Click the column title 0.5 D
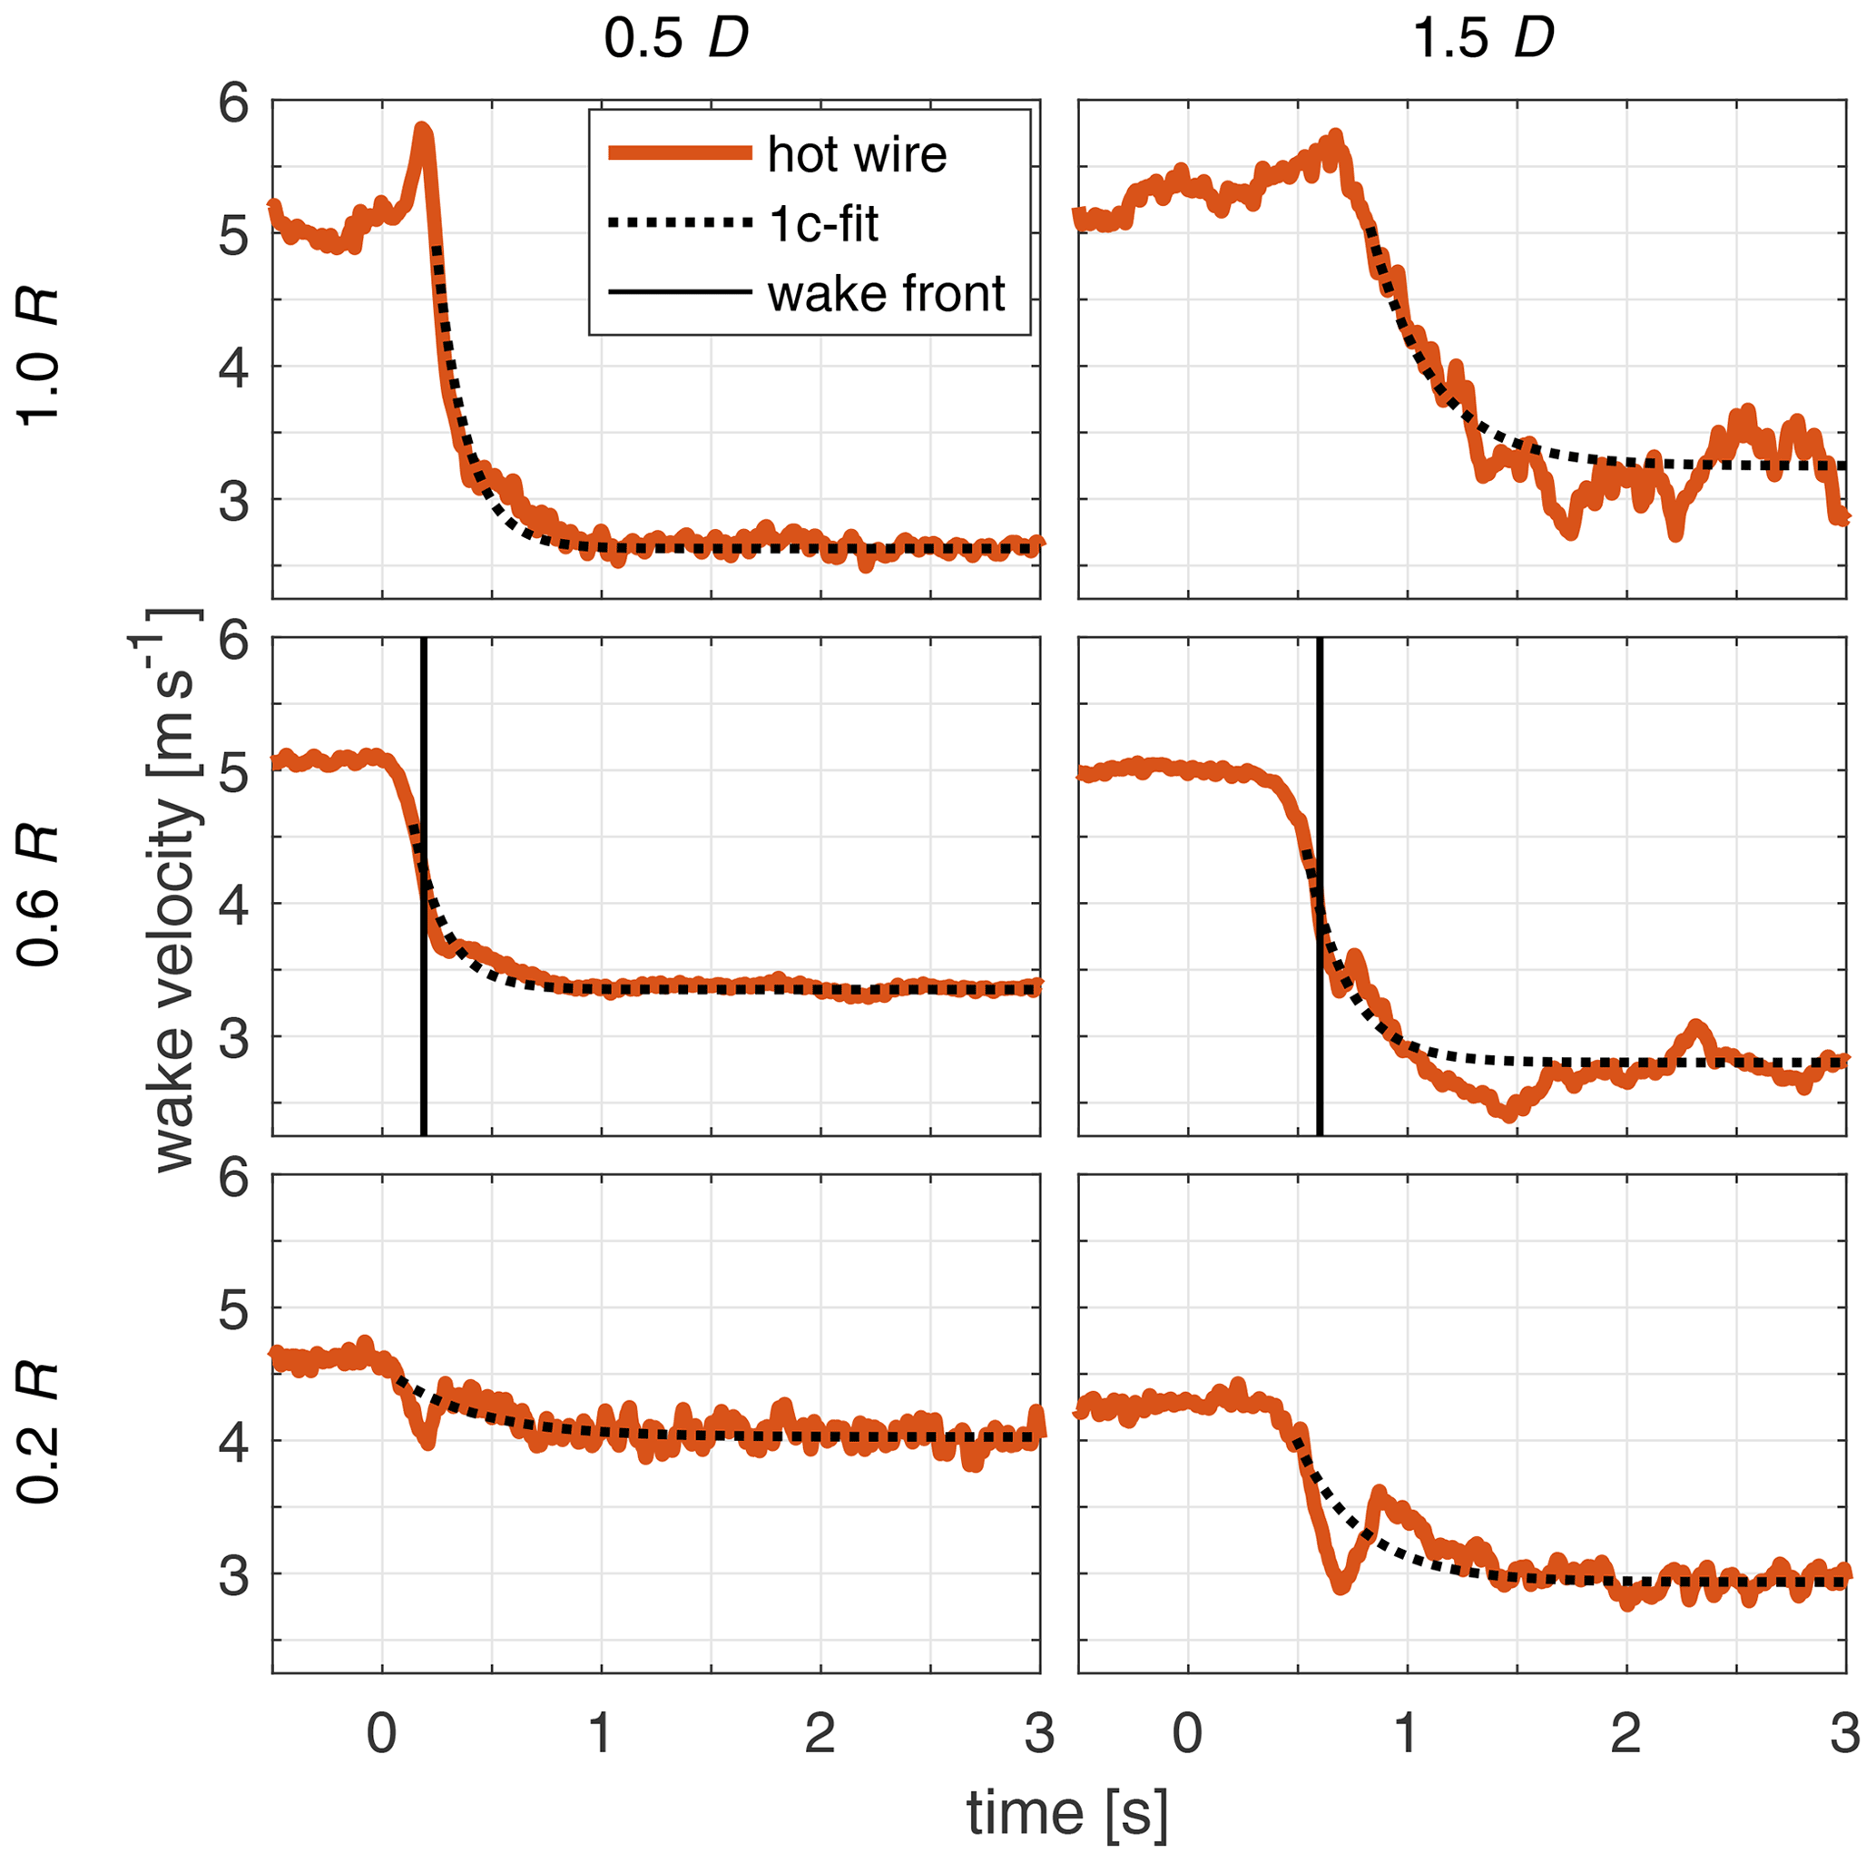[676, 39]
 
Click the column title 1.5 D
[1483, 39]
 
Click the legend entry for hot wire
[856, 154]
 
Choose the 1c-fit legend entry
[822, 224]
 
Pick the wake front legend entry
[885, 294]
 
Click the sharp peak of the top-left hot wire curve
[422, 129]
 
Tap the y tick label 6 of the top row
[234, 103]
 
